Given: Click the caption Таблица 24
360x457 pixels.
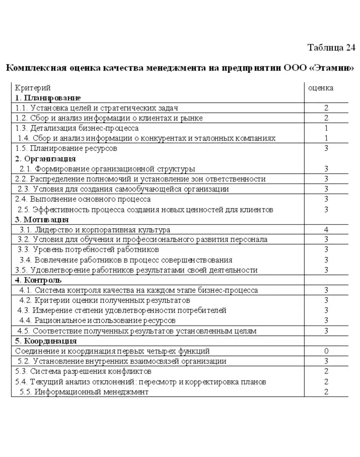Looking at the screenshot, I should [x=332, y=48].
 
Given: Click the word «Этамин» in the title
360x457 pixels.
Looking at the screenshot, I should [x=331, y=67].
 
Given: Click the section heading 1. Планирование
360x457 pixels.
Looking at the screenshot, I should [x=48, y=97].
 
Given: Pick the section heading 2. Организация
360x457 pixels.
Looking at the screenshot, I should [x=45, y=159].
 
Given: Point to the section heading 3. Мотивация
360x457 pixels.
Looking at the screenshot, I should [x=42, y=220].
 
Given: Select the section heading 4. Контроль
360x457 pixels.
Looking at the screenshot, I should [x=38, y=280].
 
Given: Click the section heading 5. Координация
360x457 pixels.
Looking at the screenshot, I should [x=46, y=341].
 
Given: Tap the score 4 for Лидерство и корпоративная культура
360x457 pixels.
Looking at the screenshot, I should [x=326, y=230].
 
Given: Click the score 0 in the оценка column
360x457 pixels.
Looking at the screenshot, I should [x=326, y=351].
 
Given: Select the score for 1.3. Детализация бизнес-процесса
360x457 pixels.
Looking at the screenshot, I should [x=326, y=128].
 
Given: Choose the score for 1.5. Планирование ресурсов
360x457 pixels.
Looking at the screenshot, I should [x=326, y=148].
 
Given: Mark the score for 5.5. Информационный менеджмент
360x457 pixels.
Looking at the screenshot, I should [x=326, y=392].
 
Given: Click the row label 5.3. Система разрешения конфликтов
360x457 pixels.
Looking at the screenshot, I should [x=83, y=372].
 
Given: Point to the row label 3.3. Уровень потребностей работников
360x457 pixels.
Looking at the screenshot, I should [x=89, y=250].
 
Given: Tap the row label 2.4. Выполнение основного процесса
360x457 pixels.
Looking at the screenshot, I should [x=83, y=199].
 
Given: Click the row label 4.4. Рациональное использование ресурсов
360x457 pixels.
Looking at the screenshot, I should [x=98, y=320].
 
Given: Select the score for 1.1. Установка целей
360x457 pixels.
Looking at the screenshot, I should [x=326, y=108].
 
